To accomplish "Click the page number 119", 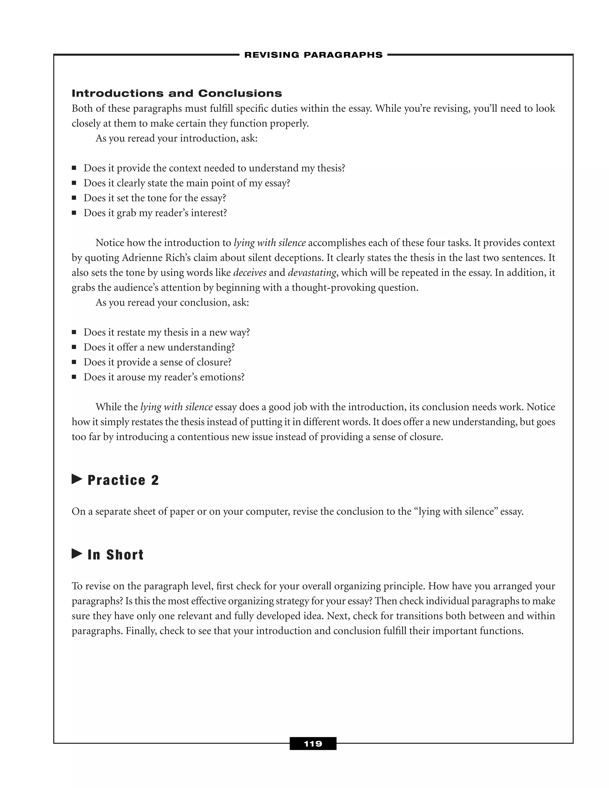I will [x=313, y=744].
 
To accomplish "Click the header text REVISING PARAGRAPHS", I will [x=313, y=55].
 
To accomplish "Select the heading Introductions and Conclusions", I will [x=177, y=93].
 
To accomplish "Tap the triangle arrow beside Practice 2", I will [x=77, y=479].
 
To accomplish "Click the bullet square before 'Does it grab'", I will [x=74, y=213].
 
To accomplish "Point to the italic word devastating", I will [x=312, y=272].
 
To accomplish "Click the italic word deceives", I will [x=250, y=272].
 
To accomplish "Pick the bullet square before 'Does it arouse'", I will [x=74, y=377].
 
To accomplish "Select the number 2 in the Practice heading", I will [x=155, y=480].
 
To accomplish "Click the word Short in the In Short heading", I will [x=125, y=555].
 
